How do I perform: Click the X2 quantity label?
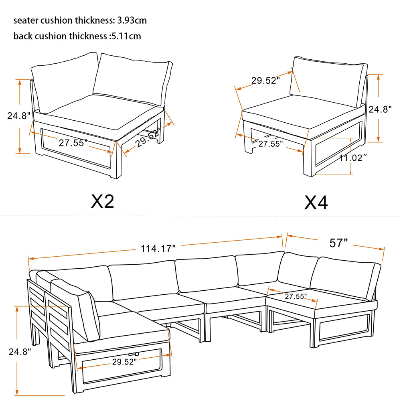tap(103, 201)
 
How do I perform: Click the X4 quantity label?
tap(316, 203)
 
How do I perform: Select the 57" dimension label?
tap(338, 243)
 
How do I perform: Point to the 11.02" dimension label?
tap(353, 158)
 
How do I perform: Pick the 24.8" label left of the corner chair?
tap(19, 116)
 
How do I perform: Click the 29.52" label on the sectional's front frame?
tap(124, 362)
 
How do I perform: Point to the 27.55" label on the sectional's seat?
tap(296, 297)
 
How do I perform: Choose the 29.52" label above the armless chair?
tap(265, 81)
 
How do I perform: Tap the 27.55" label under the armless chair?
tap(270, 143)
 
